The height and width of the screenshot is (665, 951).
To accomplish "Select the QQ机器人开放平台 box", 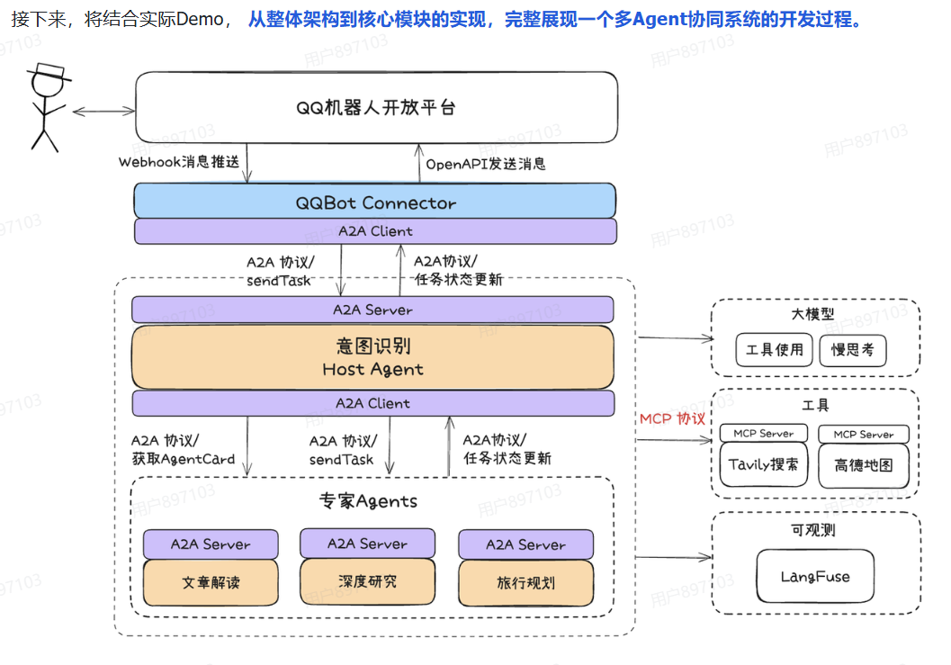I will pos(376,107).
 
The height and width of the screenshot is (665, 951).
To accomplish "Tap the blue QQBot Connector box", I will pos(375,202).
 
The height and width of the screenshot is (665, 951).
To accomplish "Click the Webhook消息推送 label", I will pos(179,163).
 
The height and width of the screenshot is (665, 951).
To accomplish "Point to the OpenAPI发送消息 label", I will pos(486,164).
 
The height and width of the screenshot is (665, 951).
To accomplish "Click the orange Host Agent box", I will pos(372,357).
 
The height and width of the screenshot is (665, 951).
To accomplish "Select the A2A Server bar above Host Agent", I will pos(372,310).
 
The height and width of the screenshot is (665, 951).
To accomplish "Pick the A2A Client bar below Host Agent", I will pos(372,403).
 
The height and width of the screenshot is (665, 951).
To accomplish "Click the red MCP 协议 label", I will pos(672,418).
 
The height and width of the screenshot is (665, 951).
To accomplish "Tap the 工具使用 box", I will pos(774,350).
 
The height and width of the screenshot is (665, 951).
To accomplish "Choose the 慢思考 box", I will pos(852,350).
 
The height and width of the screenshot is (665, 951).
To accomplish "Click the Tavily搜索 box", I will pos(763,465).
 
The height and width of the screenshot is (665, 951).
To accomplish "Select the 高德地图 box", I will pos(863,465).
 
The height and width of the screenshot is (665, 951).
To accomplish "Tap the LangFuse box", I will pos(815,577).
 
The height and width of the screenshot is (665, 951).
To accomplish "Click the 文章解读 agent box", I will pos(211,582).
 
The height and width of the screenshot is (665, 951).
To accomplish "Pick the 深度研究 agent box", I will pos(367,581).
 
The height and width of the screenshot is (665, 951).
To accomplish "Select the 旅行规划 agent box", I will pos(525,582).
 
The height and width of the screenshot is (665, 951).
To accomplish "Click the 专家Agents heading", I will pos(368,501).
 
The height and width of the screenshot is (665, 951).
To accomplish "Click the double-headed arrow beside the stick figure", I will pos(103,111).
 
